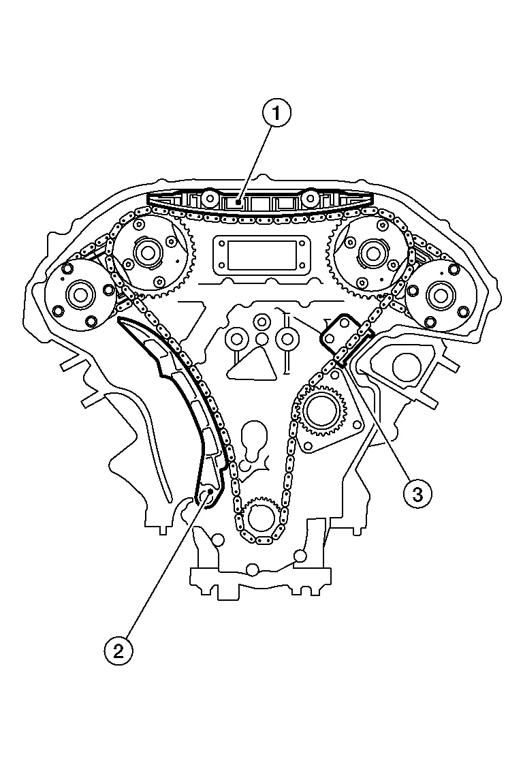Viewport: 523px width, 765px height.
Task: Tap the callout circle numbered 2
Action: pyautogui.click(x=118, y=651)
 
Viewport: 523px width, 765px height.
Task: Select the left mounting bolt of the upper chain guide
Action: pyautogui.click(x=210, y=199)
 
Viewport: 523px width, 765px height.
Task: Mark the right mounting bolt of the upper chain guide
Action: pyautogui.click(x=310, y=199)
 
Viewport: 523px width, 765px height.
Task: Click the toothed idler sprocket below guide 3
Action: pyautogui.click(x=321, y=411)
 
